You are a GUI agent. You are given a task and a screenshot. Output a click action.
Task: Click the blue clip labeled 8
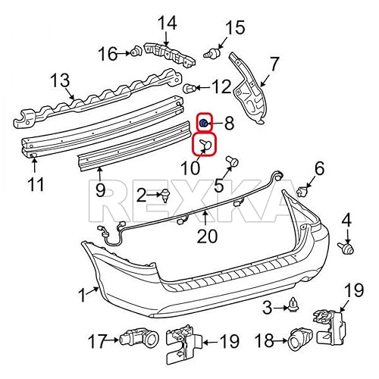(204, 121)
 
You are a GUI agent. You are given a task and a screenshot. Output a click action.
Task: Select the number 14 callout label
(166, 23)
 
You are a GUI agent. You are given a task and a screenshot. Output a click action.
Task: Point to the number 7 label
(274, 63)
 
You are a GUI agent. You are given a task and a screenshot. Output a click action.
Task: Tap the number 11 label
(36, 183)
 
